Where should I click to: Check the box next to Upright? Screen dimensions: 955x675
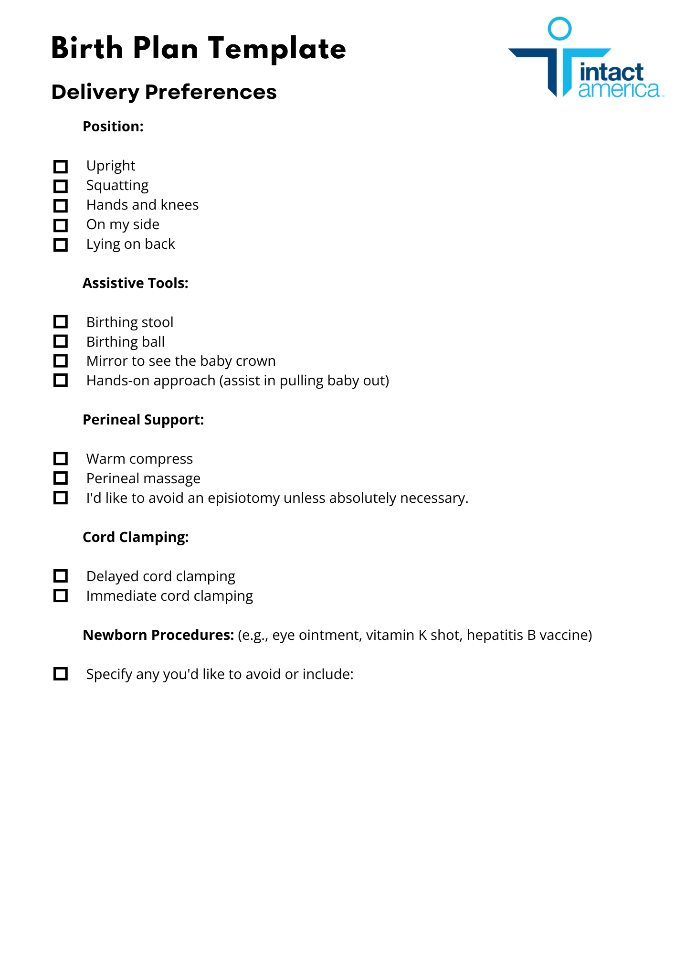[x=61, y=167]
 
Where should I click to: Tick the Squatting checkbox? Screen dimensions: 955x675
[x=61, y=186]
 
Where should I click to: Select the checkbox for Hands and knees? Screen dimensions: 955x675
[x=61, y=206]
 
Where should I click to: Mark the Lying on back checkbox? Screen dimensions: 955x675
[x=61, y=245]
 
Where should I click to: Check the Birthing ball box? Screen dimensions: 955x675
[x=61, y=342]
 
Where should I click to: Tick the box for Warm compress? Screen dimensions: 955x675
[x=61, y=459]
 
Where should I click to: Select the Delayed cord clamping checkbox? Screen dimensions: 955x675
[x=61, y=576]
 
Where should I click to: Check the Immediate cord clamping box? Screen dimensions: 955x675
[x=61, y=596]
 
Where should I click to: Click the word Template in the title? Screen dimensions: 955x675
[x=277, y=49]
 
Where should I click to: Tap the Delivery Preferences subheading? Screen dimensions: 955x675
[x=164, y=92]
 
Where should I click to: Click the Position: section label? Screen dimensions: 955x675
[x=113, y=127]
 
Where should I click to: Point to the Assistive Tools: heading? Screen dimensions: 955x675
[x=136, y=283]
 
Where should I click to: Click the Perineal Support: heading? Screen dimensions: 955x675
[x=143, y=420]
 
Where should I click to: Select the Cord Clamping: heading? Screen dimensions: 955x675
[x=136, y=537]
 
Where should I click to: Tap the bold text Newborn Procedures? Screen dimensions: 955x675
[x=158, y=635]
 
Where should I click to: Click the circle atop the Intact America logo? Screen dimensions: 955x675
[x=559, y=29]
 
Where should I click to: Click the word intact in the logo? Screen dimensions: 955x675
[x=612, y=73]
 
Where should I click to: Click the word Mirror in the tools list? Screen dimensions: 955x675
[x=107, y=361]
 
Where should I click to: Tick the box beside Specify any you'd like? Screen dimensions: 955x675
[x=61, y=674]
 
